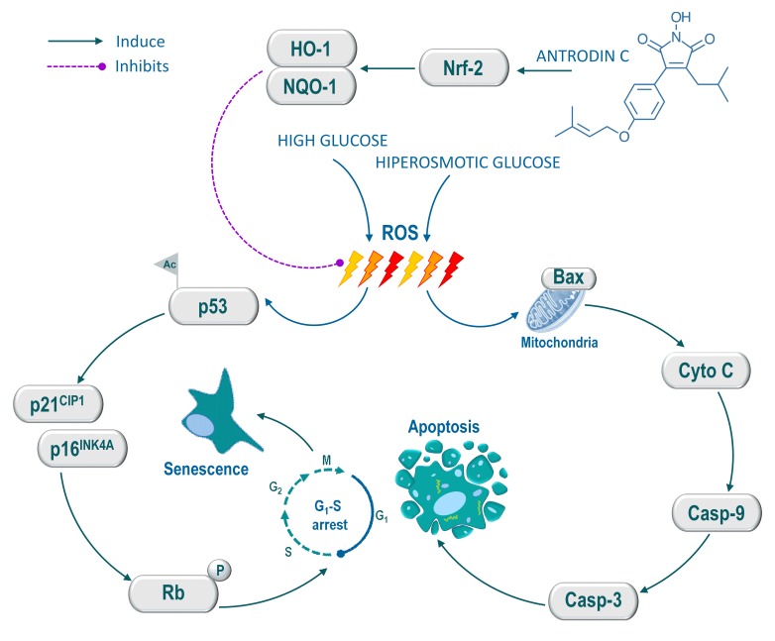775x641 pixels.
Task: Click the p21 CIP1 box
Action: point(61,405)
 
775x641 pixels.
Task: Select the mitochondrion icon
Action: point(548,308)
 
